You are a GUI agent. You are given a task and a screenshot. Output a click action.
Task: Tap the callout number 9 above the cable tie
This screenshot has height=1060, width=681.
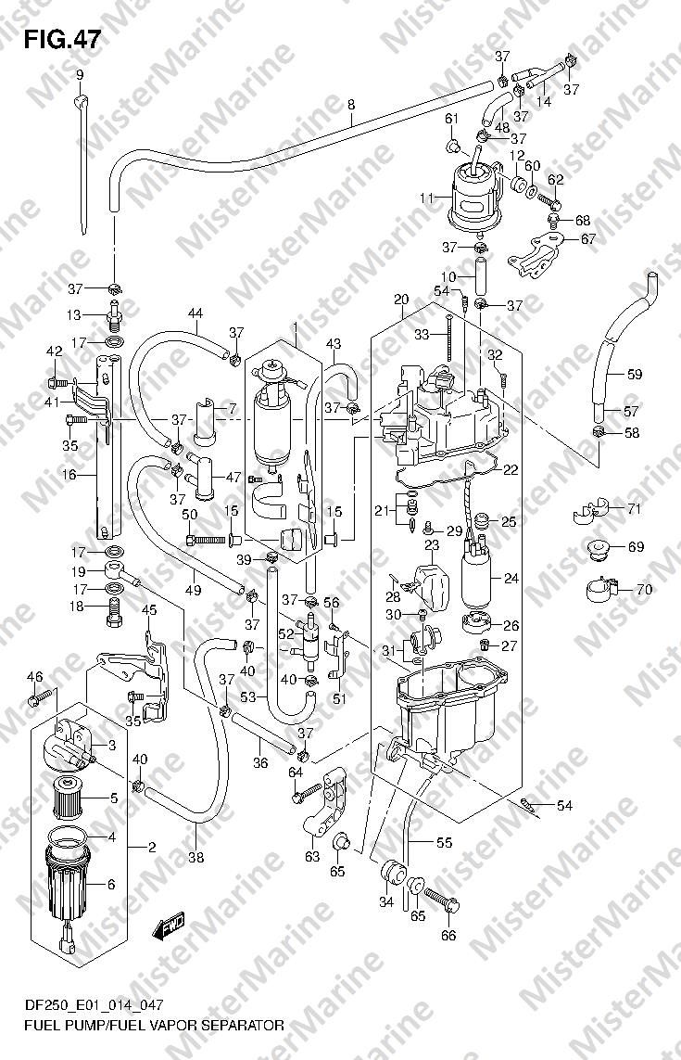pyautogui.click(x=80, y=75)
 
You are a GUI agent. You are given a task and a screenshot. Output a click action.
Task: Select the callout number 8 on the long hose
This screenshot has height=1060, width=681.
pyautogui.click(x=350, y=105)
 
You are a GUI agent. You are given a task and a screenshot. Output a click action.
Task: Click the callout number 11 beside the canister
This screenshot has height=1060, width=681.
pyautogui.click(x=425, y=198)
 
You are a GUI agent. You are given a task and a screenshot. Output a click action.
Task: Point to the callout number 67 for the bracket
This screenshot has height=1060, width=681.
pyautogui.click(x=588, y=239)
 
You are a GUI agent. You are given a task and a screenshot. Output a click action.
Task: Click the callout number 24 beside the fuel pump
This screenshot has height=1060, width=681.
pyautogui.click(x=511, y=578)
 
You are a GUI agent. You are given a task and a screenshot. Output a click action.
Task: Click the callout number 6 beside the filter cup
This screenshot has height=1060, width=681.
pyautogui.click(x=111, y=885)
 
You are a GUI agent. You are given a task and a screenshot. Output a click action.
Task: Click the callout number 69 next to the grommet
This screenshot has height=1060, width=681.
pyautogui.click(x=636, y=547)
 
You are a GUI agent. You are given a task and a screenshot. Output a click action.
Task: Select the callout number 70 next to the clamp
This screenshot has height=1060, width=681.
pyautogui.click(x=644, y=590)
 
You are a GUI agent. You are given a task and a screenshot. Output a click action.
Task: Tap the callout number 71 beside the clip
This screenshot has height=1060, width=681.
pyautogui.click(x=633, y=509)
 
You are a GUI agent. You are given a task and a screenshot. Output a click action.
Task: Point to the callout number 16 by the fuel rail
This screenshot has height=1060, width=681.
pyautogui.click(x=69, y=475)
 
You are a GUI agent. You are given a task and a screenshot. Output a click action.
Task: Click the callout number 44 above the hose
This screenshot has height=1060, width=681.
pyautogui.click(x=195, y=313)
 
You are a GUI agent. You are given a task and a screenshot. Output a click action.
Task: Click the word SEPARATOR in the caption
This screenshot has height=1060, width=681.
pyautogui.click(x=240, y=1026)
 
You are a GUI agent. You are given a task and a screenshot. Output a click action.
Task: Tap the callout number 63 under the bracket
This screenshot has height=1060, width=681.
pyautogui.click(x=311, y=858)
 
